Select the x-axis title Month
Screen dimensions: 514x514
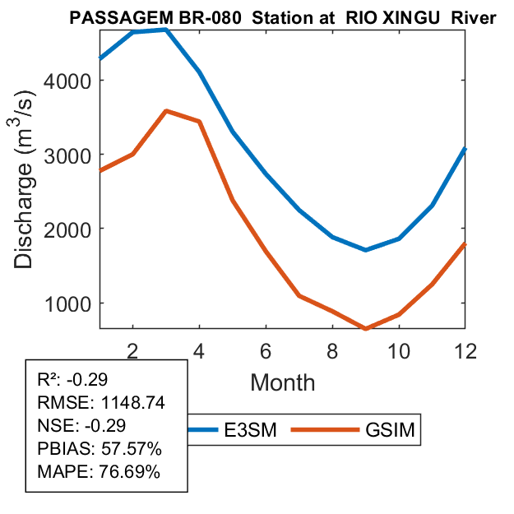coord(282,382)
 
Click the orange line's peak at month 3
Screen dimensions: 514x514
coord(166,110)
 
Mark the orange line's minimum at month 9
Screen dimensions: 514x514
coord(366,328)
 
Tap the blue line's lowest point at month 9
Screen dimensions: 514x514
coord(366,249)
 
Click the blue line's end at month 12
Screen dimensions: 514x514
coord(465,149)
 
